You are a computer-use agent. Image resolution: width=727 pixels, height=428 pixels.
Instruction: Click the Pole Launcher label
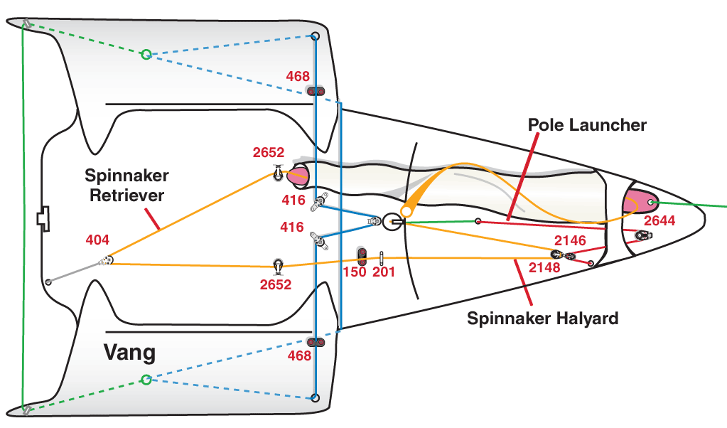coord(587,125)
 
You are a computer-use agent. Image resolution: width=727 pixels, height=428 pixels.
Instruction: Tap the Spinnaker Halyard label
coord(542,318)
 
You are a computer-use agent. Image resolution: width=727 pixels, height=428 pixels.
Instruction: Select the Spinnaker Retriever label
coord(126,185)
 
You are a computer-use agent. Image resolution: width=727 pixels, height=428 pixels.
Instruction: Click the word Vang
coord(129,352)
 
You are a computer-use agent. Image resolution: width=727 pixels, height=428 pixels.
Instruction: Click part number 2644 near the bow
coord(659,221)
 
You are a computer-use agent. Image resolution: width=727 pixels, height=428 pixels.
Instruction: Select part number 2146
coord(570,241)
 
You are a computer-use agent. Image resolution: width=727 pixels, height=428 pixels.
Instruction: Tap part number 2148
coord(545,268)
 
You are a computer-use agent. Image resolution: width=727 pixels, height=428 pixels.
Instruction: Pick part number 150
coord(355,272)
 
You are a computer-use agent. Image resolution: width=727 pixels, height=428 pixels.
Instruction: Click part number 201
coord(384,272)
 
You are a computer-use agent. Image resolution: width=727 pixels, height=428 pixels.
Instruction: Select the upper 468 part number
coord(298,76)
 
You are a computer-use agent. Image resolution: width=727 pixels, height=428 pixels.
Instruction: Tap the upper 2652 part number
coord(269,153)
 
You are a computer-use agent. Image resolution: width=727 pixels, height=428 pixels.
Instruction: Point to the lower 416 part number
coord(292,228)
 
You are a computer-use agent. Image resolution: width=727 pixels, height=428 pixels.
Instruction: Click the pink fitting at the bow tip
coord(637,202)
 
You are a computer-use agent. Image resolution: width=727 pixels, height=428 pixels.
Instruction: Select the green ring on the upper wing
coord(146,54)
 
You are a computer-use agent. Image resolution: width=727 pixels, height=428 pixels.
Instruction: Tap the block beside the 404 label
coord(106,261)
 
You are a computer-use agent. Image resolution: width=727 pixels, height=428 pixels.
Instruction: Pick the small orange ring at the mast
coord(406,212)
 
